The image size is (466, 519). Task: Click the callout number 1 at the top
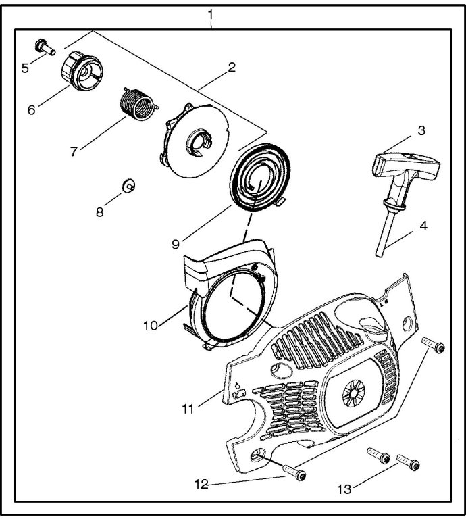pyautogui.click(x=210, y=15)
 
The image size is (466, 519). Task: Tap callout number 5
pyautogui.click(x=25, y=68)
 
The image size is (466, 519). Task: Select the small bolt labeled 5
pyautogui.click(x=45, y=47)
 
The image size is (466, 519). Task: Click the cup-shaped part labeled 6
pyautogui.click(x=82, y=71)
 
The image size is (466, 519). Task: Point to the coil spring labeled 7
pyautogui.click(x=137, y=104)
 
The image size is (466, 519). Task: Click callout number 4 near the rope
pyautogui.click(x=423, y=226)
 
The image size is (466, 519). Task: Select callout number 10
pyautogui.click(x=151, y=326)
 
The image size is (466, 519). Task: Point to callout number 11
pyautogui.click(x=188, y=410)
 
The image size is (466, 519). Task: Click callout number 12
pyautogui.click(x=201, y=485)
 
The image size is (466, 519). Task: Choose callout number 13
pyautogui.click(x=344, y=489)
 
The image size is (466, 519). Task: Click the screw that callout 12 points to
pyautogui.click(x=294, y=472)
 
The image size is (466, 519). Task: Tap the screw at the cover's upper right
pyautogui.click(x=433, y=345)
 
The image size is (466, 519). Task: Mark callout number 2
pyautogui.click(x=232, y=67)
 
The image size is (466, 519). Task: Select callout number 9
pyautogui.click(x=176, y=244)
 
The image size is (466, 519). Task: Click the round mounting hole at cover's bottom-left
pyautogui.click(x=257, y=454)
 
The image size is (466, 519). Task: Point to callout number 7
pyautogui.click(x=74, y=152)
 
